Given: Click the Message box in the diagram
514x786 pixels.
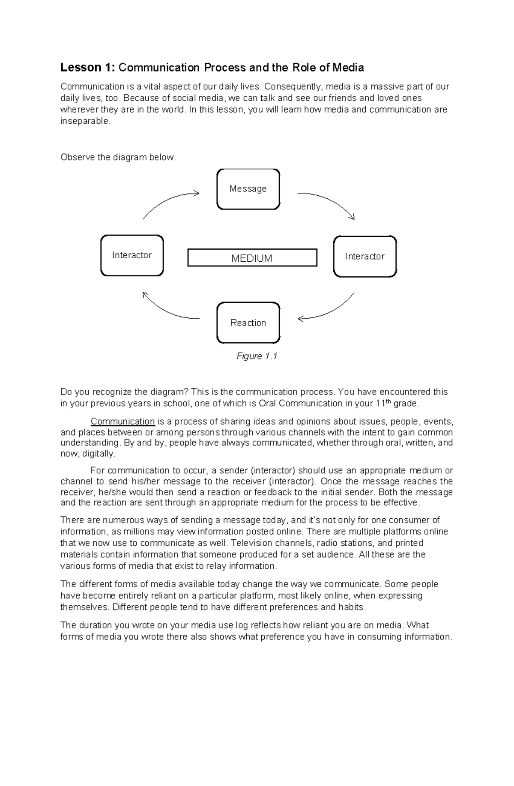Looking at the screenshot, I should (248, 189).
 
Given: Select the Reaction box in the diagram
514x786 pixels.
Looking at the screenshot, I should (248, 323).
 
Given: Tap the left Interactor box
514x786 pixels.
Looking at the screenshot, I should (132, 255).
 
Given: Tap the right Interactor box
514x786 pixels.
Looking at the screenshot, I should (365, 256).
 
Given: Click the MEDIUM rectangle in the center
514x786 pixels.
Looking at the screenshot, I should (252, 258).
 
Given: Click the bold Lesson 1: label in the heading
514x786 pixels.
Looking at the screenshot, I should (88, 68).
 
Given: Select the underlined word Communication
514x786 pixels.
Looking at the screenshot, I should (123, 421).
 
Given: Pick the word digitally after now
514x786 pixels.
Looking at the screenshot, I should (99, 454).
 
